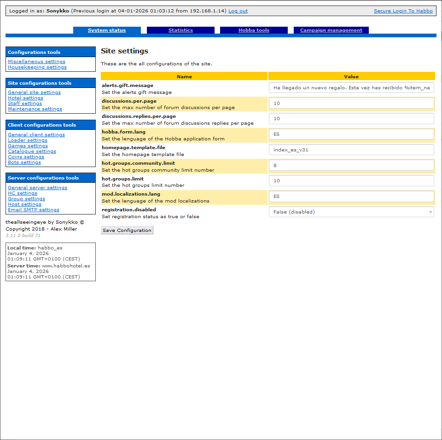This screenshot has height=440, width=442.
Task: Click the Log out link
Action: click(x=238, y=11)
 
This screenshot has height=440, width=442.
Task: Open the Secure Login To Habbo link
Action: click(x=403, y=11)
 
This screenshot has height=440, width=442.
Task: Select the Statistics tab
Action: click(x=180, y=30)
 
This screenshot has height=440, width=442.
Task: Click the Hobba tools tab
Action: click(x=254, y=30)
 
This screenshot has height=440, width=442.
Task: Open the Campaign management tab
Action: click(x=331, y=30)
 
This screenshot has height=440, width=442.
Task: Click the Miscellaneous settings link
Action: click(x=36, y=62)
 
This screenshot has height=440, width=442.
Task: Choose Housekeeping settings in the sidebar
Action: click(x=37, y=67)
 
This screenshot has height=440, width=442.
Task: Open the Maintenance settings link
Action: click(x=35, y=109)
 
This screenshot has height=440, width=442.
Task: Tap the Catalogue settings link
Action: click(x=32, y=151)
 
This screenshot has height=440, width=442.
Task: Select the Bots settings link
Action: click(x=24, y=162)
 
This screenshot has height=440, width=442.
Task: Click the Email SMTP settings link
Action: click(x=34, y=210)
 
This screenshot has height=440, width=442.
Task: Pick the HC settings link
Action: click(x=23, y=193)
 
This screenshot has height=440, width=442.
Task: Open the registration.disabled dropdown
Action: click(x=351, y=212)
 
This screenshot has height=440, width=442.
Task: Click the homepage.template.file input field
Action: click(x=351, y=150)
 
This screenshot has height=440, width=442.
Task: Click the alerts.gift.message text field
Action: click(x=351, y=88)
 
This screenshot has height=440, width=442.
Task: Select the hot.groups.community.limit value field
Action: click(x=351, y=165)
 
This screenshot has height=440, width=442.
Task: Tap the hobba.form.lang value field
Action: click(x=351, y=134)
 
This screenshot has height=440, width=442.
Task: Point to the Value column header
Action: click(x=351, y=76)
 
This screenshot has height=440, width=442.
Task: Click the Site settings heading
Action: click(x=124, y=51)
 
